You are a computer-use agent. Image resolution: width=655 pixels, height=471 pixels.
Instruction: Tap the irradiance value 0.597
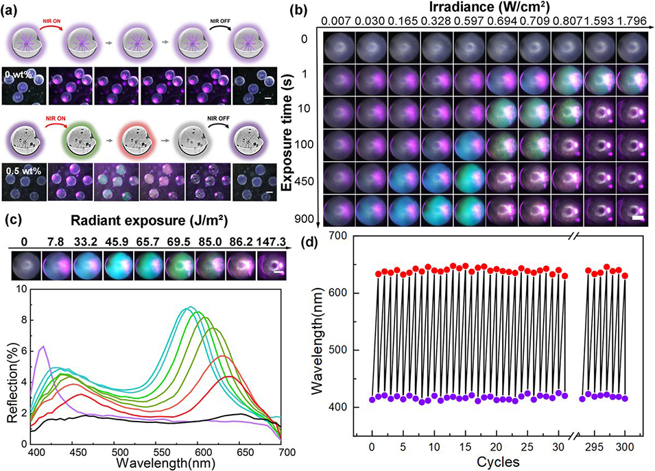click(469, 21)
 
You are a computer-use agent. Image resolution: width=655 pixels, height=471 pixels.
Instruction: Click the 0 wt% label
click(16, 75)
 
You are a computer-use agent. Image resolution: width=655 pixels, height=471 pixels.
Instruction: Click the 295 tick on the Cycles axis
click(594, 447)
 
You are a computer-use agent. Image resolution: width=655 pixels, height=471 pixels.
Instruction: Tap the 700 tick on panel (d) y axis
click(338, 237)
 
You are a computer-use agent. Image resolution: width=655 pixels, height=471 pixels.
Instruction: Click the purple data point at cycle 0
click(372, 400)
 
